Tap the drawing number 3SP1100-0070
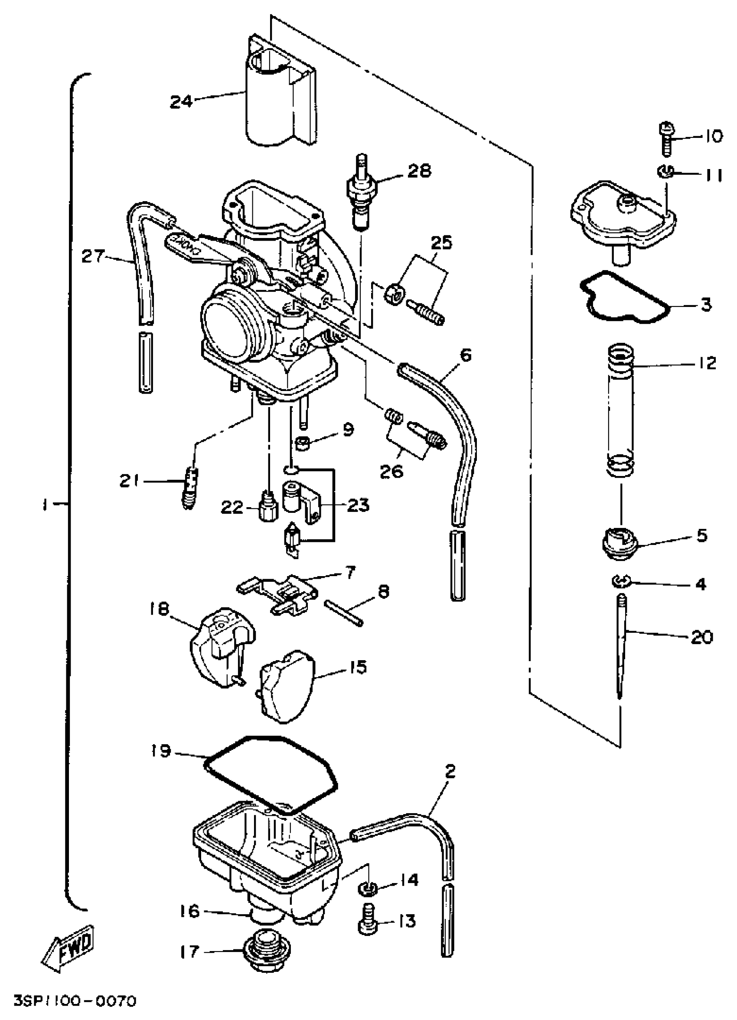(x=74, y=1001)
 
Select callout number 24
(x=181, y=101)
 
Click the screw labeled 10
(x=667, y=138)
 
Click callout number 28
(x=419, y=171)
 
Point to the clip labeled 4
(x=620, y=583)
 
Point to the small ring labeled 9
(x=304, y=445)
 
